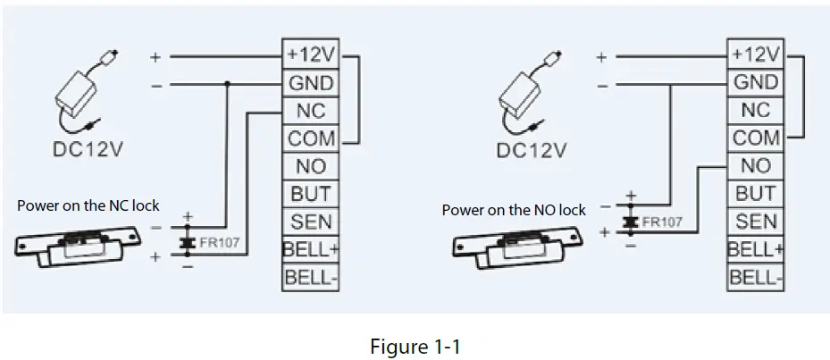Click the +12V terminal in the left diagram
[310, 54]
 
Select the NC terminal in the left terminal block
[310, 111]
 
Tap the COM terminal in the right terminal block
[755, 138]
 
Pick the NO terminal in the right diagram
[755, 166]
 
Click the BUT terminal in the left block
[310, 195]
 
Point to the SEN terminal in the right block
[755, 222]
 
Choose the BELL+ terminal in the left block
[310, 249]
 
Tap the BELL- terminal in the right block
[755, 277]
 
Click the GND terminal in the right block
[755, 82]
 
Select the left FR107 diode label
[220, 243]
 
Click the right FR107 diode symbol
[630, 222]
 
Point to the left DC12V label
[88, 149]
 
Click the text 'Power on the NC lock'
[88, 205]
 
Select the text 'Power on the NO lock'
[514, 210]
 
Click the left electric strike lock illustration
[79, 247]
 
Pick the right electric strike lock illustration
[517, 247]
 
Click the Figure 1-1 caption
[415, 347]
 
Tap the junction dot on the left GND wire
[227, 84]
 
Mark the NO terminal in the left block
[310, 166]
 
